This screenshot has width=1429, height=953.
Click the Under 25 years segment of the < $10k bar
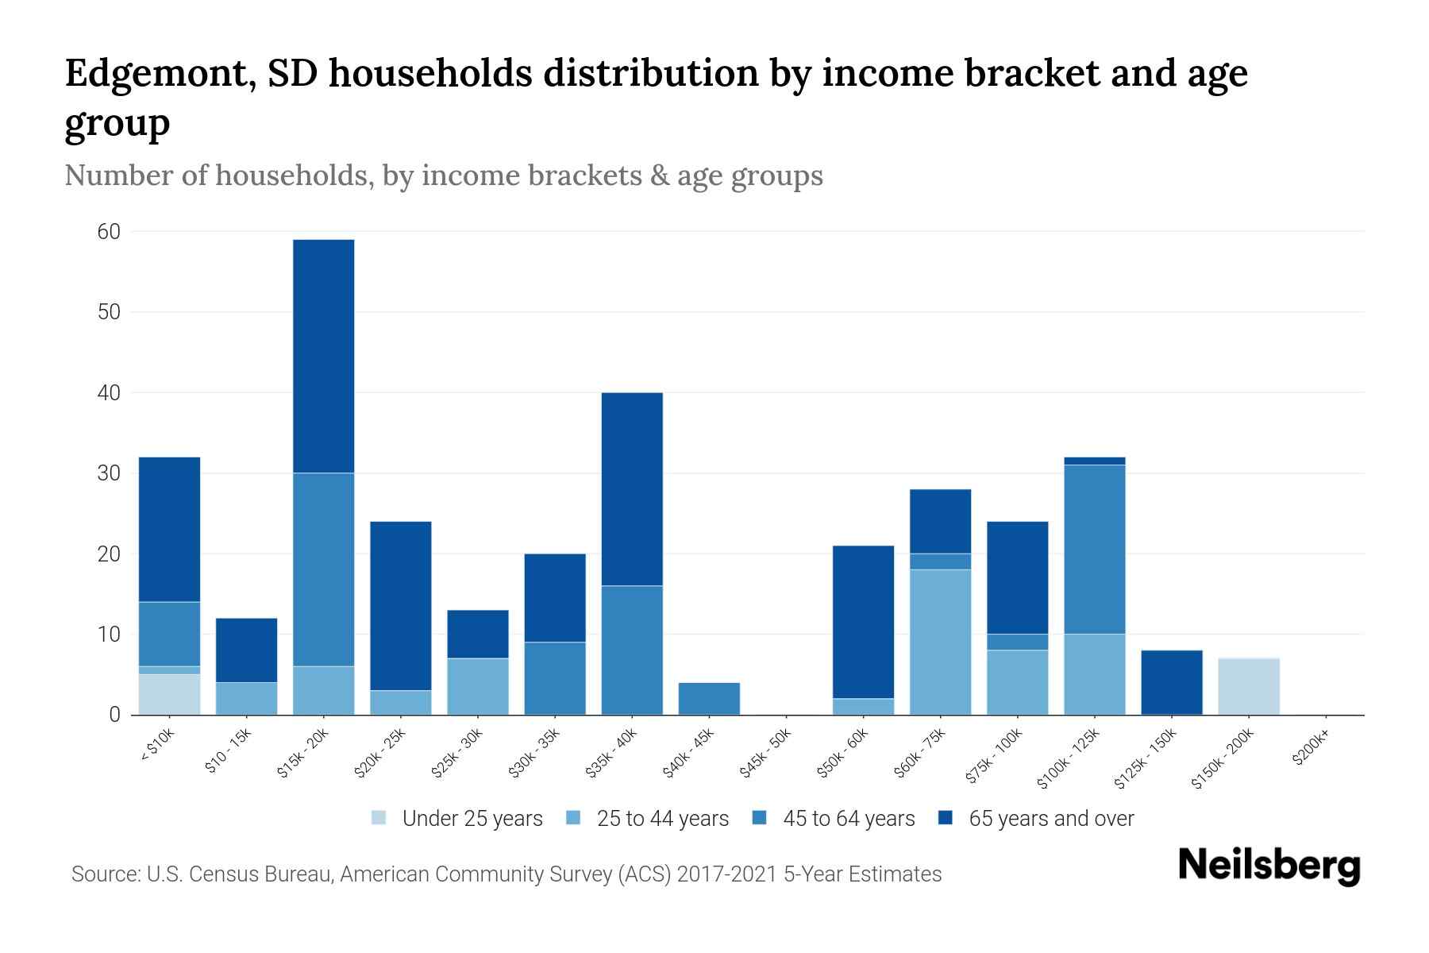pyautogui.click(x=169, y=694)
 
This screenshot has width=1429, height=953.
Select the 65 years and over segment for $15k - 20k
pyautogui.click(x=323, y=356)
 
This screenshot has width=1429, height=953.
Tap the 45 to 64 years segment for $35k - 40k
pyautogui.click(x=632, y=650)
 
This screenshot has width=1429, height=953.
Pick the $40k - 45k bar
pyautogui.click(x=709, y=699)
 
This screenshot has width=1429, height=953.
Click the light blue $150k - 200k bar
pyautogui.click(x=1249, y=686)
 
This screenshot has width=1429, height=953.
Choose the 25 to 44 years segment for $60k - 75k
pyautogui.click(x=940, y=642)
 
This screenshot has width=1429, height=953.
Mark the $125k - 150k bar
pyautogui.click(x=1171, y=682)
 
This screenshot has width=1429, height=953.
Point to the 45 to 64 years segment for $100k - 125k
pyautogui.click(x=1094, y=549)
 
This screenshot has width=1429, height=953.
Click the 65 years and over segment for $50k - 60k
pyautogui.click(x=863, y=622)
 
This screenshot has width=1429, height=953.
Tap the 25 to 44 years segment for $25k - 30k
pyautogui.click(x=478, y=686)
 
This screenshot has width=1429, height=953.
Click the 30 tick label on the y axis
pyautogui.click(x=109, y=473)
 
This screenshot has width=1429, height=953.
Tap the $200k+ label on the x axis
pyautogui.click(x=1309, y=750)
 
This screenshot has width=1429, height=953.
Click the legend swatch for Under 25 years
pyautogui.click(x=379, y=818)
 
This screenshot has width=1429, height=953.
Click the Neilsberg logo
pyautogui.click(x=1269, y=866)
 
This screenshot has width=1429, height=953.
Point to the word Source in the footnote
pyautogui.click(x=104, y=874)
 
